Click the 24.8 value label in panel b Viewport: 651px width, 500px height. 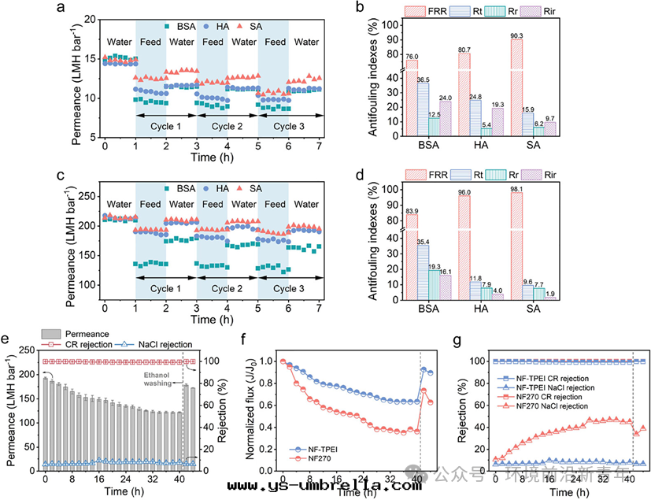click(x=475, y=97)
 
